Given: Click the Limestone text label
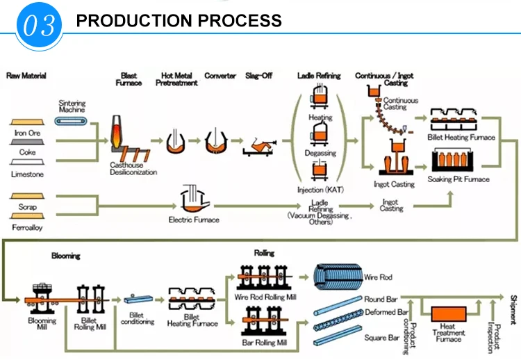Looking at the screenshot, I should [x=27, y=174].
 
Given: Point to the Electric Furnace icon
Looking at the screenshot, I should [x=192, y=199].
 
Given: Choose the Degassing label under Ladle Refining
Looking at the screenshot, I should [x=320, y=153].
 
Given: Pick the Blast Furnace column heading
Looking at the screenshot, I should [x=129, y=79].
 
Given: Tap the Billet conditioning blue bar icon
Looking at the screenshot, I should [x=137, y=299].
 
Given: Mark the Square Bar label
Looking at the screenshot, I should [x=381, y=338].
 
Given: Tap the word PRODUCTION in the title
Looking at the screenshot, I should [x=133, y=20].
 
